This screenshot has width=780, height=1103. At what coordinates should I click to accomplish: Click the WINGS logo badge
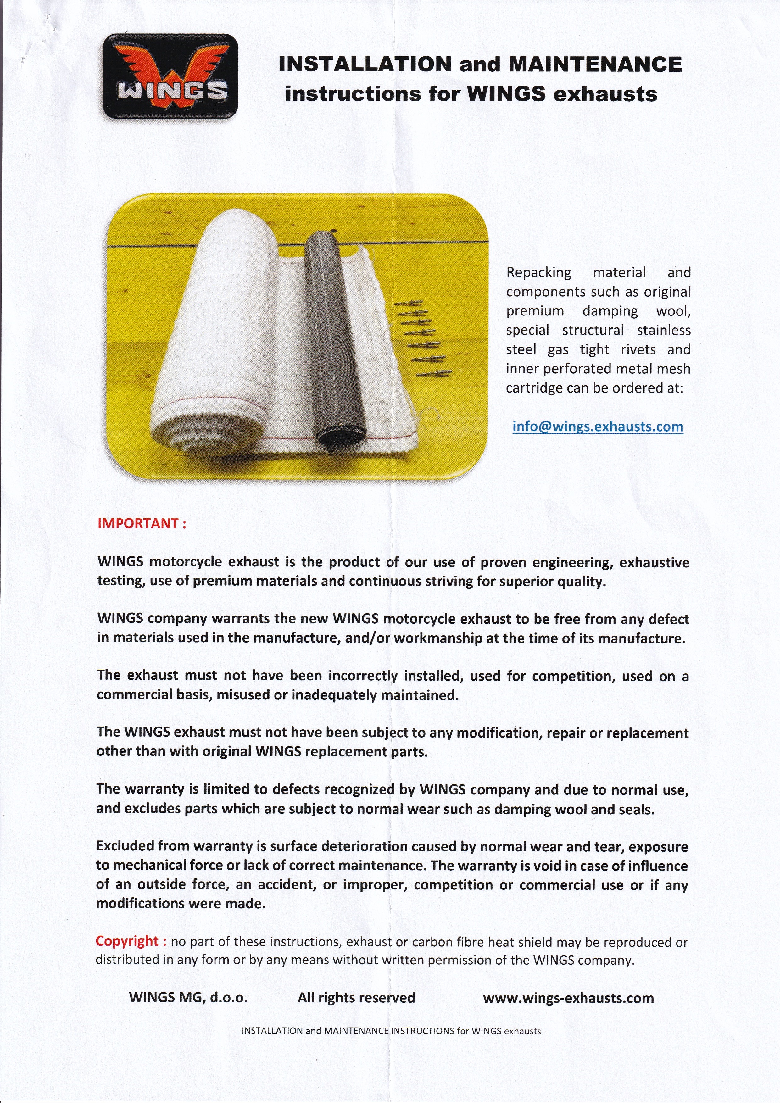pos(170,76)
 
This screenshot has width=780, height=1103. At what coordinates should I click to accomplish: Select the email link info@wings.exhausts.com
pos(598,426)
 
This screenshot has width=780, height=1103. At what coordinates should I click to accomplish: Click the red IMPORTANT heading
pos(142,524)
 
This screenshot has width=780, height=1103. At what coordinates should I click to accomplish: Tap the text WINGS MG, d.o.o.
pos(188,998)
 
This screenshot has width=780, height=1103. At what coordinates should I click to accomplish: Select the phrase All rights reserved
pos(356,998)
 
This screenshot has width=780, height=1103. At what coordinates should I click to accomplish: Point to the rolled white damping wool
pos(226,312)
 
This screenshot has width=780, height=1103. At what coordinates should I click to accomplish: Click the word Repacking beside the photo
pos(538,272)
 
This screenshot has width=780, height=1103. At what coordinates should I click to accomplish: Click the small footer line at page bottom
pos(391,1031)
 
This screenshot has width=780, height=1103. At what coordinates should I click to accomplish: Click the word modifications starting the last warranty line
pos(132,904)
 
